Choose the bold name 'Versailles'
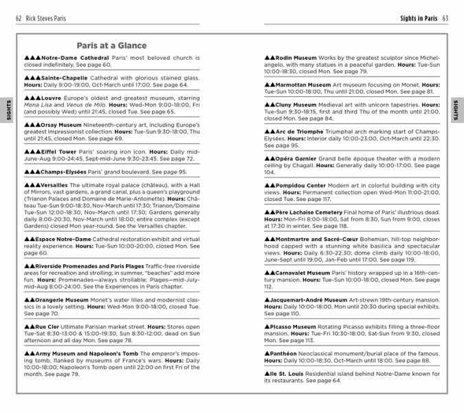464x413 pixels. click(54, 185)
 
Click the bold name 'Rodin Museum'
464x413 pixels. click(296, 58)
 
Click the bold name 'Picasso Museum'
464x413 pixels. click(295, 327)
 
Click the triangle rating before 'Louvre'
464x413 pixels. click(32, 98)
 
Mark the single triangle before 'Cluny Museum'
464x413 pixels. click(269, 105)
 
